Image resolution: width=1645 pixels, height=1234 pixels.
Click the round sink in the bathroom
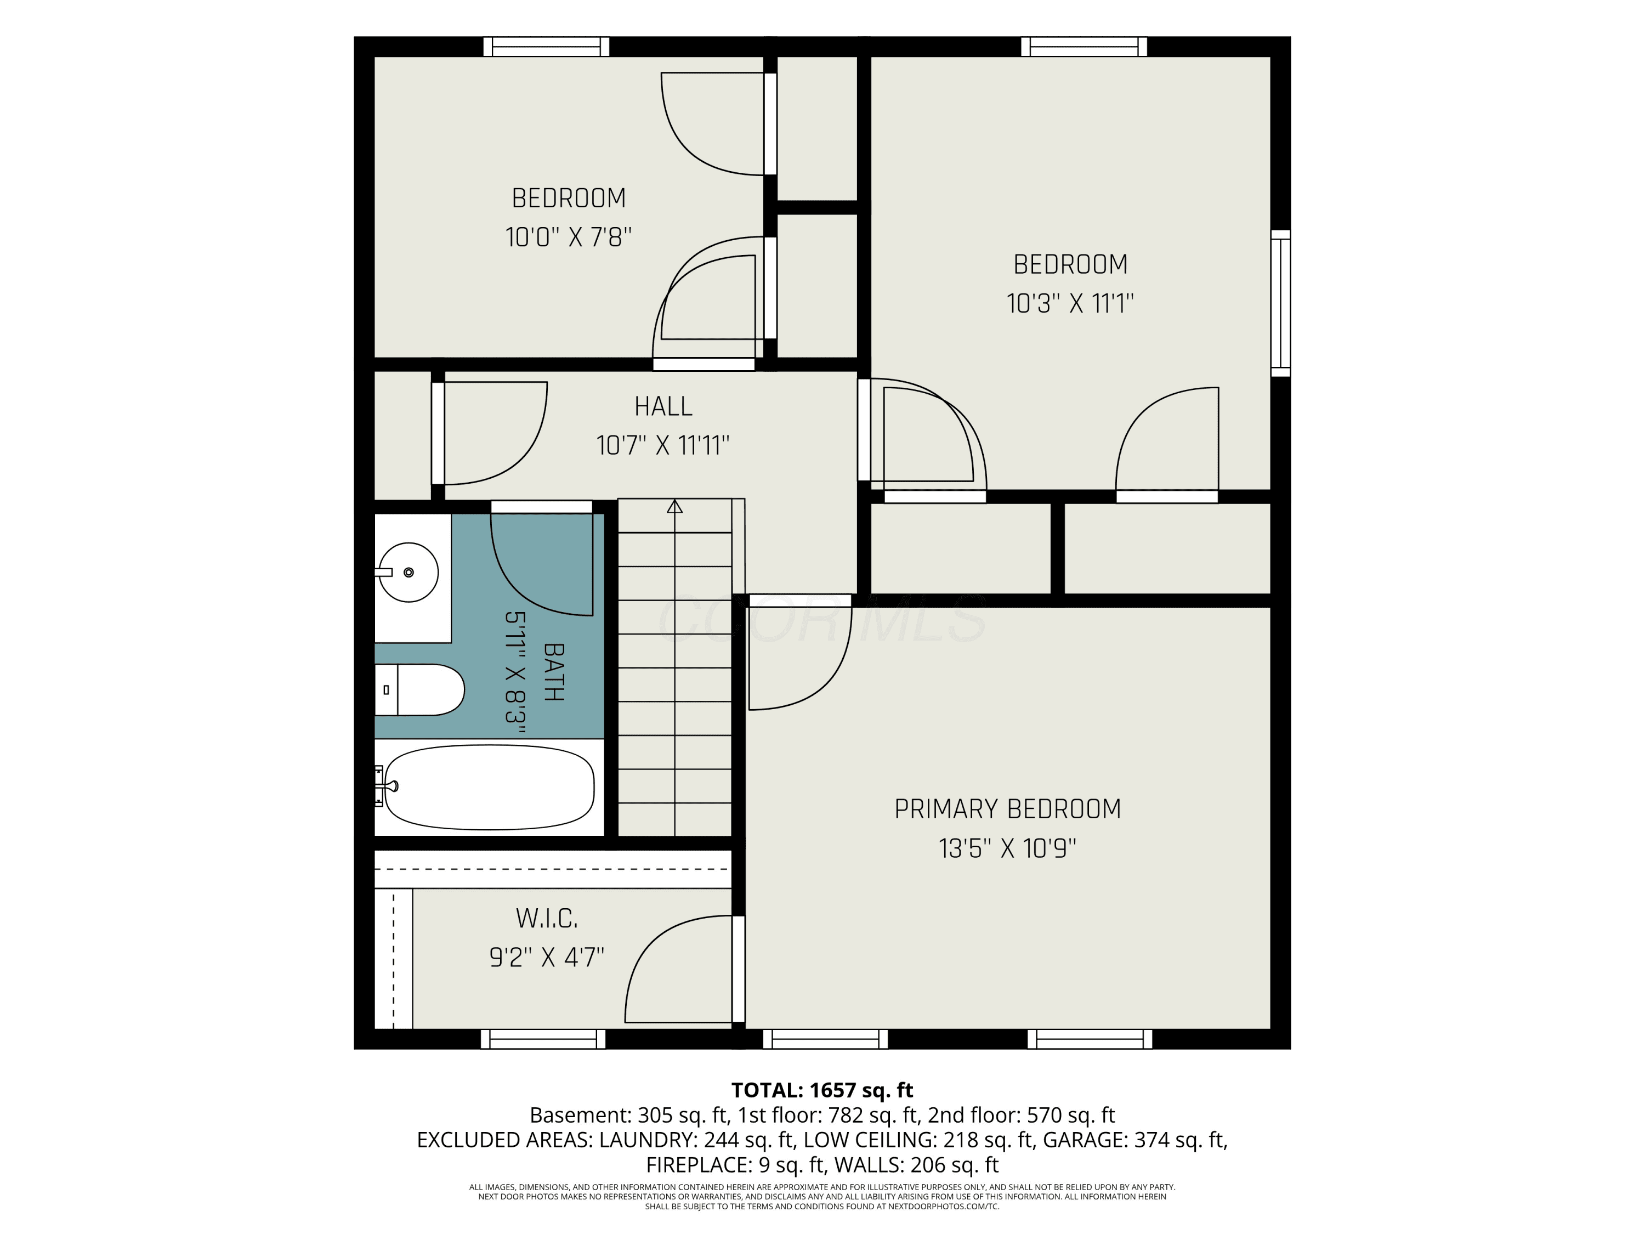coord(409,572)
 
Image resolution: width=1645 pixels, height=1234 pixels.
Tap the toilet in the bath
coord(419,689)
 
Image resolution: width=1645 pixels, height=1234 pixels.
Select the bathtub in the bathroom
coord(489,787)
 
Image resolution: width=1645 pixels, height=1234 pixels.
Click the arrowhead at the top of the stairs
coord(674,507)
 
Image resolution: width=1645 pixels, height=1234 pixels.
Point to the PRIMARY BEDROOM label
coord(1008,810)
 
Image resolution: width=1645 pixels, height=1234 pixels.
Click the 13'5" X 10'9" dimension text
coord(1008,848)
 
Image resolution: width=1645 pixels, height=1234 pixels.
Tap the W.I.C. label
coord(547,919)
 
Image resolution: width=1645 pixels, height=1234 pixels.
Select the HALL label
coord(663,406)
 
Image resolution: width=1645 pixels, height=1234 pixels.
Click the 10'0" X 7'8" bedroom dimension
coord(569,237)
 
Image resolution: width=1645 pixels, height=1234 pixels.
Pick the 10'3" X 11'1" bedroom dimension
coord(1070,303)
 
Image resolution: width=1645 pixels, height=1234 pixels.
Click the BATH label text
coord(554,672)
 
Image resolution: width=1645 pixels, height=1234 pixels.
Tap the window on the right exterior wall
coord(1280,303)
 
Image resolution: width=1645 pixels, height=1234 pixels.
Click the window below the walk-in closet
coord(543,1039)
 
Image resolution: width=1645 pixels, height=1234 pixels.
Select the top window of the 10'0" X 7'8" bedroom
coord(547,46)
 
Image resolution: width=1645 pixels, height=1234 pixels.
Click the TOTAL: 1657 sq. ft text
coord(822,1090)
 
